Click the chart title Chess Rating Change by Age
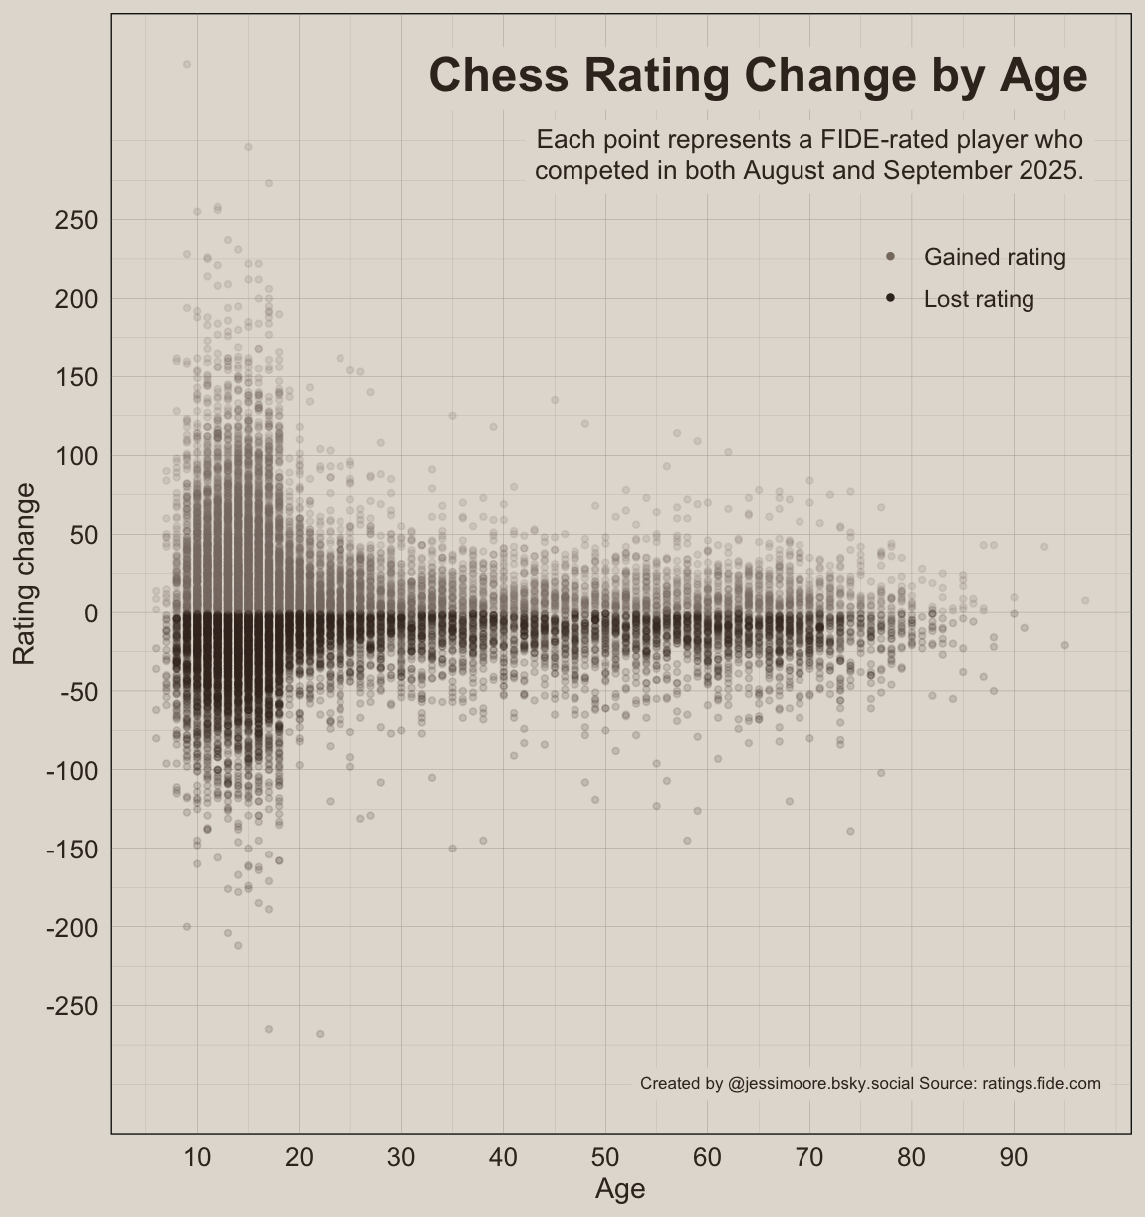(758, 76)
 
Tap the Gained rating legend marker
(890, 257)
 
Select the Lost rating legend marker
(890, 299)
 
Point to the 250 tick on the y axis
(76, 220)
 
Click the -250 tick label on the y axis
(72, 1007)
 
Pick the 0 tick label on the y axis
(89, 613)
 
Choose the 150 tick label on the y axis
(76, 377)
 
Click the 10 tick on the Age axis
(197, 1157)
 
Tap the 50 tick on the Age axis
(605, 1157)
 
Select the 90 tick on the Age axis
(1014, 1157)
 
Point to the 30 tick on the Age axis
(401, 1157)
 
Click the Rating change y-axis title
(25, 574)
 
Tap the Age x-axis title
(620, 1189)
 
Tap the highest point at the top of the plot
(187, 64)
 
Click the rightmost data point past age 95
(1085, 600)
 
